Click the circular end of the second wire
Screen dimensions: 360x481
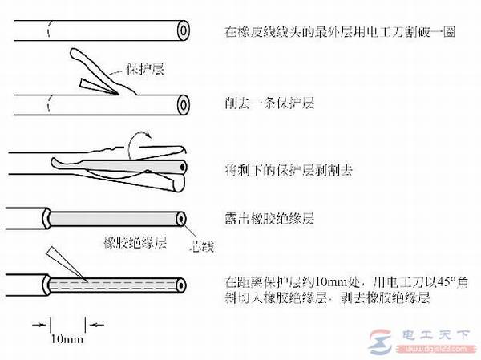(x=184, y=104)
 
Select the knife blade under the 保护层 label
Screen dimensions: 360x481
(x=96, y=84)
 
